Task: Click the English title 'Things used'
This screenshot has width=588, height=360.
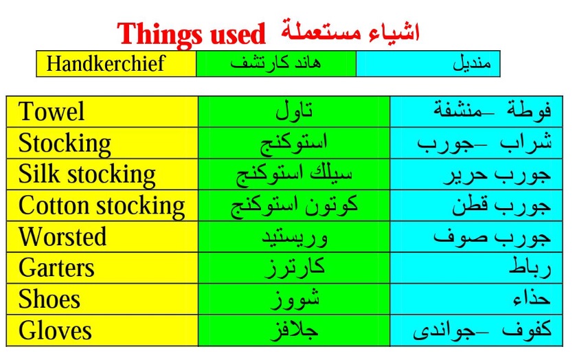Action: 191,34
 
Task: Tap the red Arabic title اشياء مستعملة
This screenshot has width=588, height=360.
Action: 350,32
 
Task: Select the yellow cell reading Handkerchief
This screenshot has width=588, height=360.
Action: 116,64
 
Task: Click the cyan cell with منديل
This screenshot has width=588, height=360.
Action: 428,64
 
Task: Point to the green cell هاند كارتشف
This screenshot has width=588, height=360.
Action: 276,64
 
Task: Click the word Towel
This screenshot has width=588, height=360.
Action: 52,111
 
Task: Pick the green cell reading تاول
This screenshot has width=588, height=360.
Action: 294,112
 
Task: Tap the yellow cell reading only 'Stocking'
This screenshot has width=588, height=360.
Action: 102,143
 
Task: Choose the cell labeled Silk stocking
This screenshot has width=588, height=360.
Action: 102,175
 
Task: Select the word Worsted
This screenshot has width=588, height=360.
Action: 63,236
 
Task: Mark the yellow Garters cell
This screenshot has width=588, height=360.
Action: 102,268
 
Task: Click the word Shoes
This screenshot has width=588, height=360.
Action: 49,300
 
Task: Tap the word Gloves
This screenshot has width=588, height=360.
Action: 55,330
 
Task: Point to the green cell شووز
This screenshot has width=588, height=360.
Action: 294,300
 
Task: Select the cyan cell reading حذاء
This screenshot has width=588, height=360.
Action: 476,300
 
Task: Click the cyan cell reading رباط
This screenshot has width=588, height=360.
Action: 476,268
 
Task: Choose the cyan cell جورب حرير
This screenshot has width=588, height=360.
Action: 476,175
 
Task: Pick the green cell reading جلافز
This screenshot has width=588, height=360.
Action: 294,330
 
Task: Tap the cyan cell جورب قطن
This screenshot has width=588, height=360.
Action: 476,205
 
